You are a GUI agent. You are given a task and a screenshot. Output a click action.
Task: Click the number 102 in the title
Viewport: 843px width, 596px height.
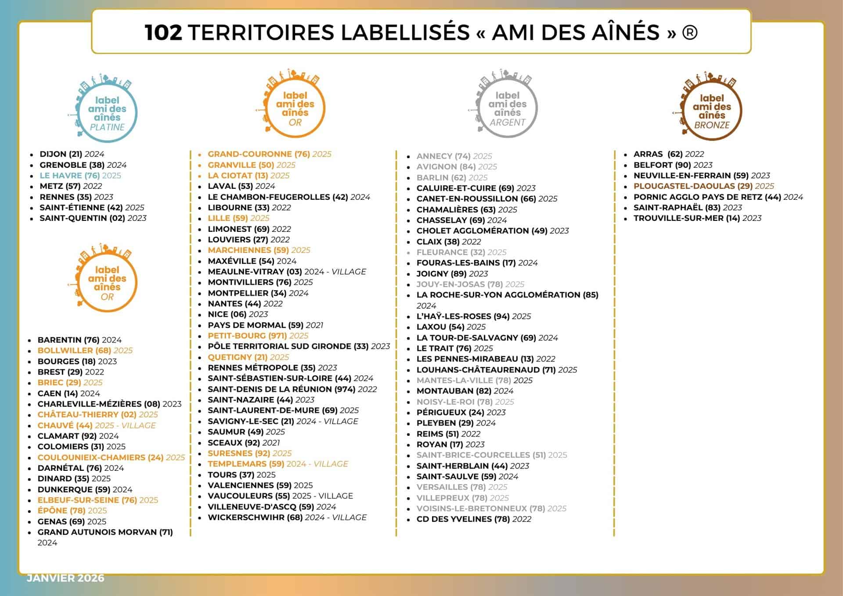[x=163, y=33]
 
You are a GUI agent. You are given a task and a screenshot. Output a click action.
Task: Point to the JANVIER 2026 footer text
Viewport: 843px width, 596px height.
[x=65, y=578]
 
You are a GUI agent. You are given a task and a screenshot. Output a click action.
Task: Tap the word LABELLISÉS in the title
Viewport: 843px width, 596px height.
[x=405, y=33]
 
